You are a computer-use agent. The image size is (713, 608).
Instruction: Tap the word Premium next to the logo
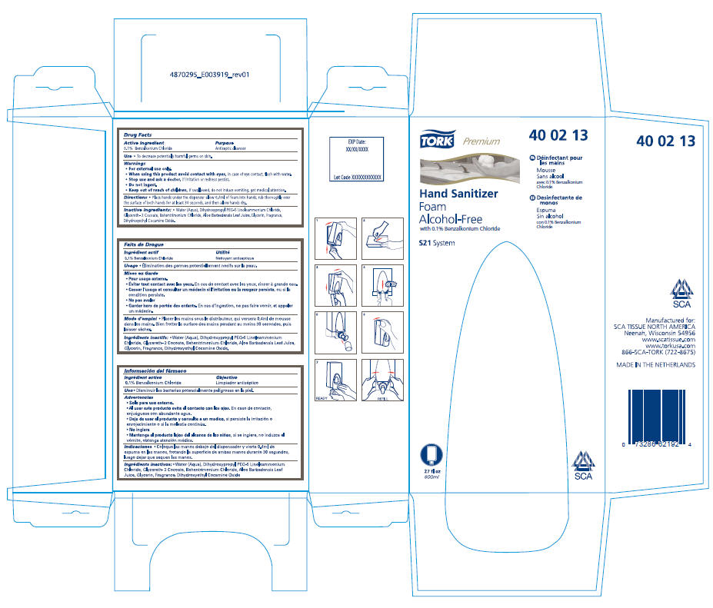click(x=481, y=141)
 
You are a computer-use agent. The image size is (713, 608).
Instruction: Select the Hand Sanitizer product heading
click(x=458, y=194)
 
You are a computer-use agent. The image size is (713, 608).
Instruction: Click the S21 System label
click(x=437, y=243)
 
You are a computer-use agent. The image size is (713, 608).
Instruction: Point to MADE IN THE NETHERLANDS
click(x=656, y=364)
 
